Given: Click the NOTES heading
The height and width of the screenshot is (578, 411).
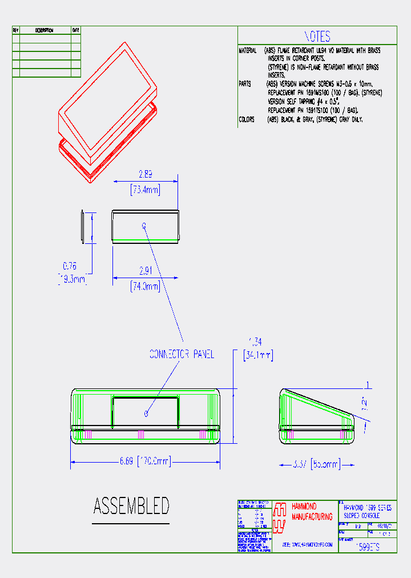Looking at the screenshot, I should point(317,37).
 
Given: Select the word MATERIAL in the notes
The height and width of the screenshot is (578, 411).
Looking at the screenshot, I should point(248,51).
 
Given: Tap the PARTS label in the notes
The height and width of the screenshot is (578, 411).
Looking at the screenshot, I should point(245,84).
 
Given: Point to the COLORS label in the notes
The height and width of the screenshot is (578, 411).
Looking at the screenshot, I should point(247,119).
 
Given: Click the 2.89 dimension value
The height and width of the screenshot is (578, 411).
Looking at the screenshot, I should point(146,175).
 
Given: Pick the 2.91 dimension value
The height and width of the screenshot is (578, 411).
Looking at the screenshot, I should point(145,271).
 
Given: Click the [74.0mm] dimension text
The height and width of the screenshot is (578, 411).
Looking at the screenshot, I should point(145,287).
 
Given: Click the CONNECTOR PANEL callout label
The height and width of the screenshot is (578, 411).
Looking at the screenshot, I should point(182,354).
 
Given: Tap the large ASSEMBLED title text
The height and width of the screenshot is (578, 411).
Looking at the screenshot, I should point(131,506).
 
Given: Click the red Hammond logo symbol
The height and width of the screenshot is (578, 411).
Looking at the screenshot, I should point(279,517).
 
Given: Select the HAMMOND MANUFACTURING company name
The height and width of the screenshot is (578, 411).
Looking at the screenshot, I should point(312,512).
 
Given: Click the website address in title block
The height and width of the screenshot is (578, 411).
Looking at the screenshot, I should point(307,545).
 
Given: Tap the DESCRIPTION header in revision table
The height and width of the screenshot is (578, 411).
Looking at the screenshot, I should point(45,30).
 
